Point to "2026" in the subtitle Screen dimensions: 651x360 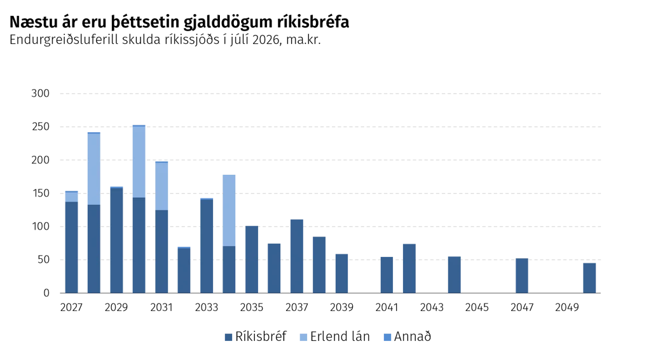(266, 40)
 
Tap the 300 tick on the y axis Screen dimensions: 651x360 (40, 93)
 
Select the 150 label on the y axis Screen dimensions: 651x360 (40, 193)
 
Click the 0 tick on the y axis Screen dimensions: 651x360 (46, 293)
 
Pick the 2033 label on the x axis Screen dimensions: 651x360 (207, 307)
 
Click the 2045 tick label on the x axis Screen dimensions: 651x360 (477, 307)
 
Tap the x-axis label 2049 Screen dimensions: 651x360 (566, 307)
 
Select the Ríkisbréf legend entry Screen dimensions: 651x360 (256, 336)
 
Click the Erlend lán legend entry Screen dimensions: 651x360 (334, 336)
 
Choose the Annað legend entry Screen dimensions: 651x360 (408, 336)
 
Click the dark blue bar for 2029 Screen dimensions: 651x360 (117, 241)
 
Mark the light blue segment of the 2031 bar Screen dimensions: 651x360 (161, 186)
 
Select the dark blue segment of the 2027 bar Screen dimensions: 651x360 (71, 247)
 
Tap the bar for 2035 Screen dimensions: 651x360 (252, 260)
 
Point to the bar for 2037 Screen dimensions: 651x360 (297, 256)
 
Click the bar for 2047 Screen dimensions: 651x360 (522, 275)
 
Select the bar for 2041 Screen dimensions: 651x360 (387, 275)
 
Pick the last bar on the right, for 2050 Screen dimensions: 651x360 (589, 278)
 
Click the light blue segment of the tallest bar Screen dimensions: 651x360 (139, 162)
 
